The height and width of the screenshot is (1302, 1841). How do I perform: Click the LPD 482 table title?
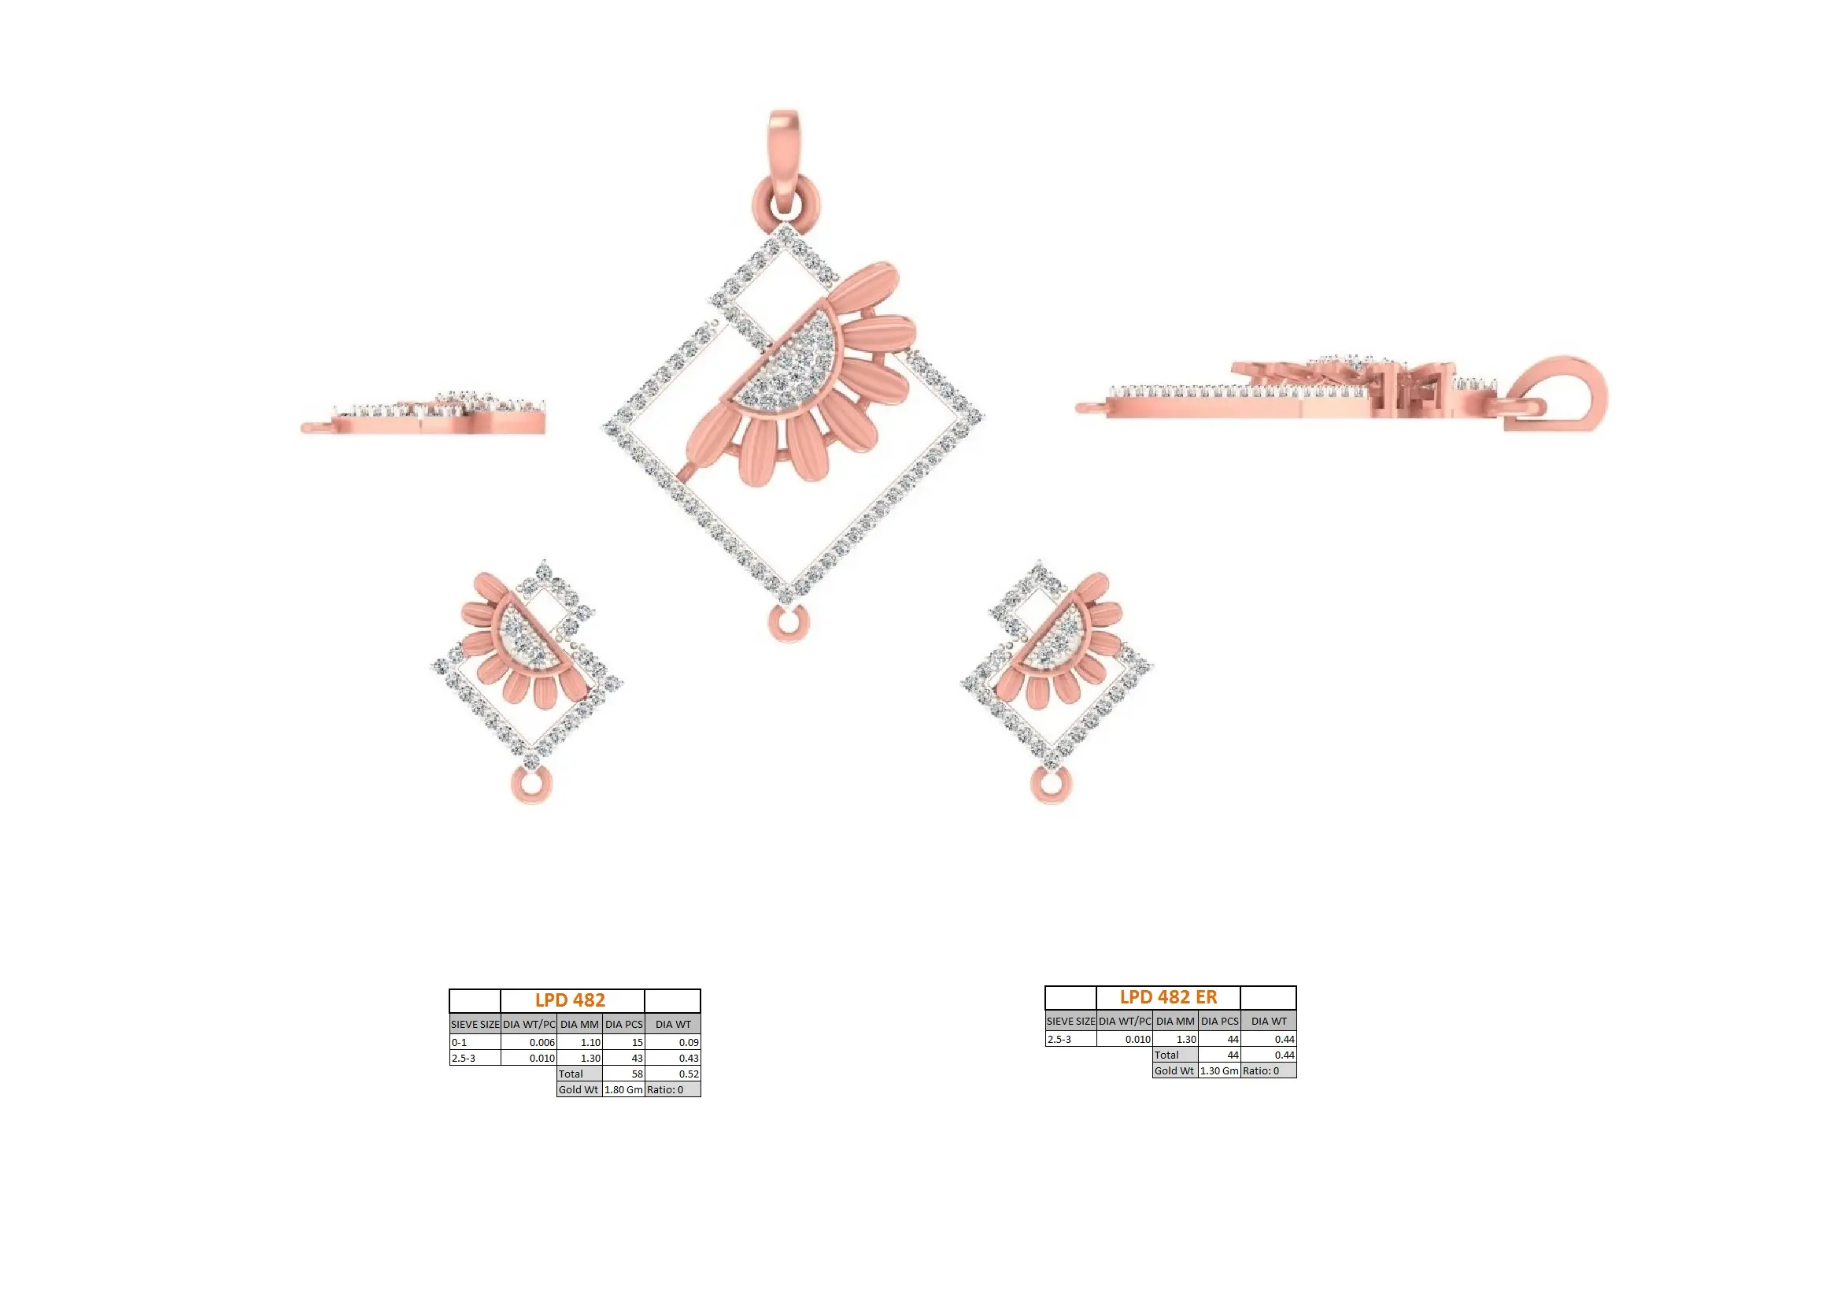(570, 1000)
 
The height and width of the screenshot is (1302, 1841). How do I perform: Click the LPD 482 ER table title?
(1168, 997)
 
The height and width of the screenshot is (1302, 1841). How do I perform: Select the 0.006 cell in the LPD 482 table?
(528, 1042)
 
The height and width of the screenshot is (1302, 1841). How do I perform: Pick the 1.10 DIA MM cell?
(580, 1042)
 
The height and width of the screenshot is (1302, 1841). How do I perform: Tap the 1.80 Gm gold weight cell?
(624, 1089)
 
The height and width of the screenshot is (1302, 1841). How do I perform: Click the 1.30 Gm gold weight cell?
(1218, 1070)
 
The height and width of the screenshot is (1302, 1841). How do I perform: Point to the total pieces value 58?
(624, 1074)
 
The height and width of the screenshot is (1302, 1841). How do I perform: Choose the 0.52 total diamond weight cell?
(673, 1074)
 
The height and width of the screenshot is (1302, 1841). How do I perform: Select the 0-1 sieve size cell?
(475, 1042)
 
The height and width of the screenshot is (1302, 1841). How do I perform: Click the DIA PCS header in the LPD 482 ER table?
(1219, 1022)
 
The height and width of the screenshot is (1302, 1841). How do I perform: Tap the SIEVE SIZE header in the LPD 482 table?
(475, 1024)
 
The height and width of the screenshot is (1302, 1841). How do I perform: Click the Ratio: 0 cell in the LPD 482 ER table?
(1269, 1070)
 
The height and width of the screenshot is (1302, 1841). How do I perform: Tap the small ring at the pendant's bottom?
(787, 624)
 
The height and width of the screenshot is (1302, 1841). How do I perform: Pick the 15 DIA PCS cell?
(624, 1042)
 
